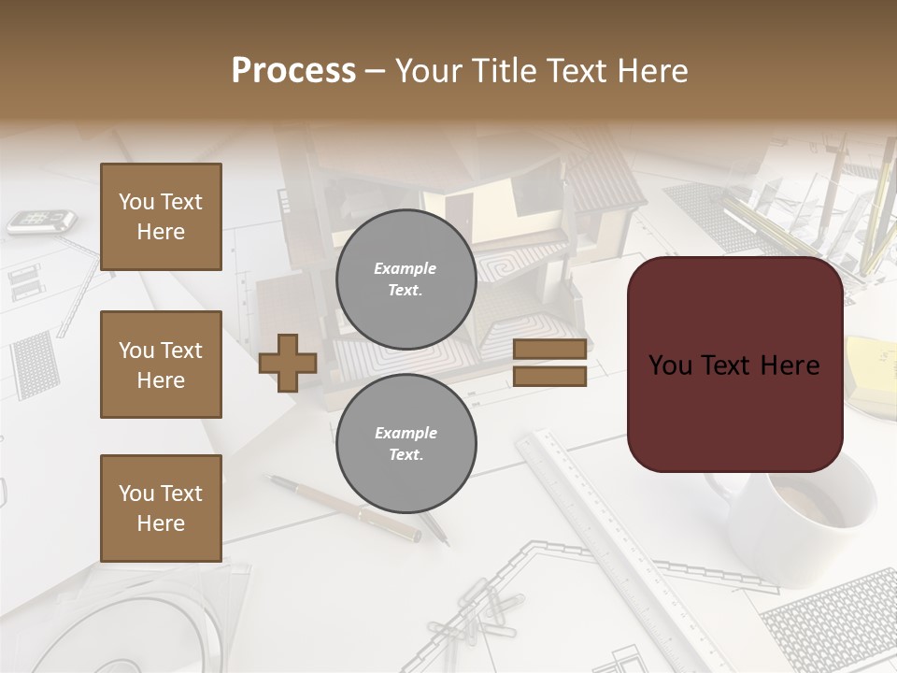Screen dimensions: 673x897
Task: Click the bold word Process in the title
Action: click(x=293, y=71)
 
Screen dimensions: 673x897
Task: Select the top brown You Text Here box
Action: click(x=161, y=217)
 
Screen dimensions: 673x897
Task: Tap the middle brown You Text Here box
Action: click(x=161, y=365)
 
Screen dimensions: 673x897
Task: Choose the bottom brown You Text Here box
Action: click(x=161, y=508)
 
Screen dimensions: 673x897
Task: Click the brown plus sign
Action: click(x=288, y=363)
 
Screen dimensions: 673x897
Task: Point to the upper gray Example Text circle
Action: click(x=406, y=279)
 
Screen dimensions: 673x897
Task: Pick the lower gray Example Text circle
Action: click(x=406, y=443)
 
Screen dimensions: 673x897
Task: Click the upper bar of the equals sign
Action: click(x=549, y=350)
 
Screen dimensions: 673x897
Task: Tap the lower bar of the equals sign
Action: click(x=549, y=376)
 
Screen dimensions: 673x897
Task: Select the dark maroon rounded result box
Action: click(x=734, y=365)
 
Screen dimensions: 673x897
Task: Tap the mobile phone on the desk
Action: click(x=41, y=222)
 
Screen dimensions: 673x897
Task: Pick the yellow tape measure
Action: click(x=874, y=374)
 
